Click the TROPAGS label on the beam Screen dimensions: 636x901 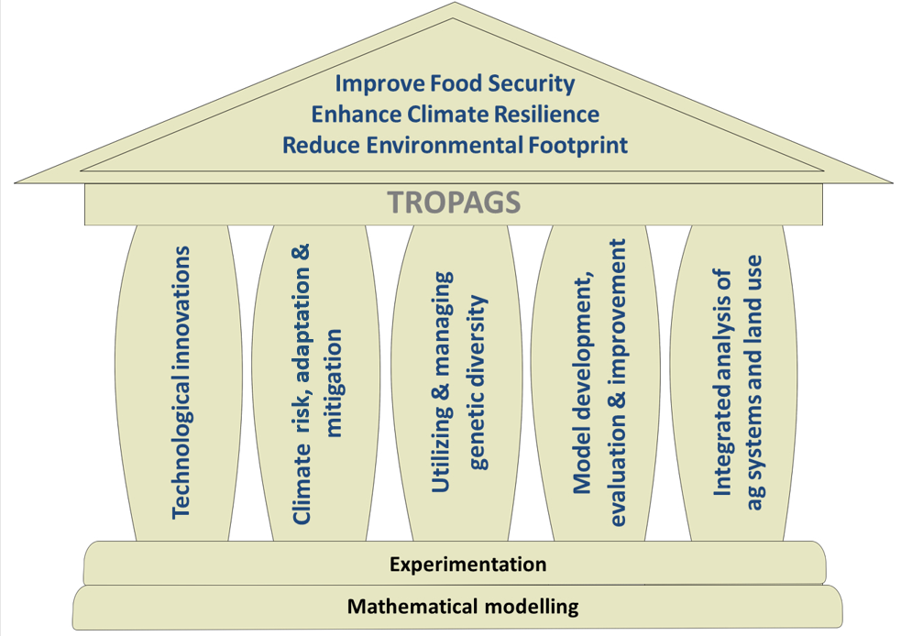click(x=454, y=202)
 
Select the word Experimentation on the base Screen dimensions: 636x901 click(x=467, y=564)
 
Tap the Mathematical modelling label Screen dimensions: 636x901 click(x=463, y=606)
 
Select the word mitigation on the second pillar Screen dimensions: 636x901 click(x=333, y=384)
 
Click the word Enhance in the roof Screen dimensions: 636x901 click(x=354, y=115)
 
